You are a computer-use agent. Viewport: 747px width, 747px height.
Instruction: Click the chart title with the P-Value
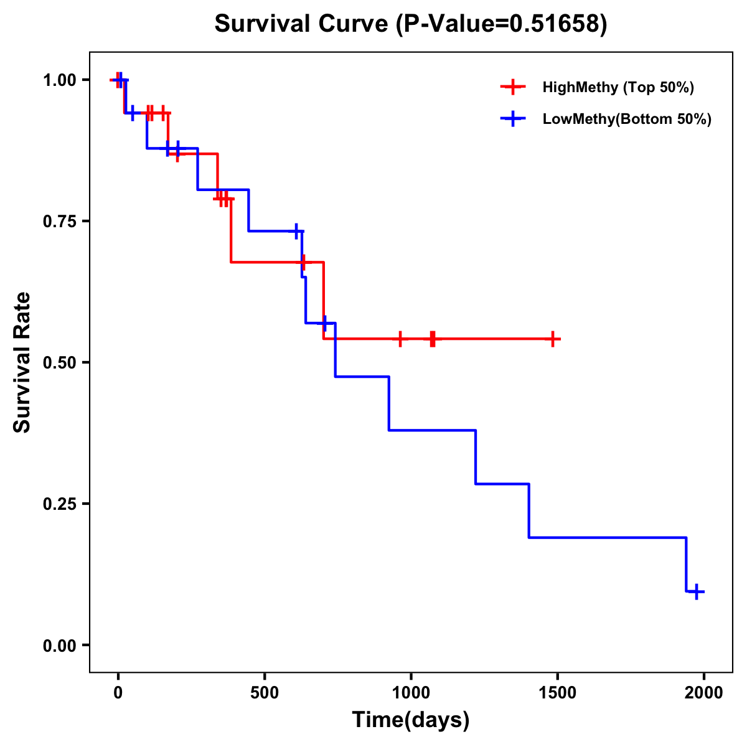coord(410,24)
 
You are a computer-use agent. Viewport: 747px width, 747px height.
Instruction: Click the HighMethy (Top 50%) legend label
coord(618,87)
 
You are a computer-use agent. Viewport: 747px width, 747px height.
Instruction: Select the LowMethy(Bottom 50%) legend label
coord(626,119)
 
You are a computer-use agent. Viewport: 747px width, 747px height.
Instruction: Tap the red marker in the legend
coord(512,87)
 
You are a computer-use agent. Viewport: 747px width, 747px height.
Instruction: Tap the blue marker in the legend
coord(512,118)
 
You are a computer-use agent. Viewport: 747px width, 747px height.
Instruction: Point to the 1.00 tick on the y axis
coord(59,80)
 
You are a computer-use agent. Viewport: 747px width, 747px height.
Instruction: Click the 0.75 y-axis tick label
coord(59,222)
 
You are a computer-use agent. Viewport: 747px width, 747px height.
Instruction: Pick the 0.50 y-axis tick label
coord(59,363)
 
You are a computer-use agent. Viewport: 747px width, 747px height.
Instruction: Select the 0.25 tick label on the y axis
coord(59,504)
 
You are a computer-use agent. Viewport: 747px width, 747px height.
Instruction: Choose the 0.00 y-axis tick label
coord(59,646)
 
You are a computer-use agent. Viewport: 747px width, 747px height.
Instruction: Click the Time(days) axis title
coord(411,720)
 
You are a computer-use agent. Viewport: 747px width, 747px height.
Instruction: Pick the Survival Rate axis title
coord(22,362)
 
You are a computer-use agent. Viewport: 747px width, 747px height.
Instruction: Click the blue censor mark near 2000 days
coord(697,591)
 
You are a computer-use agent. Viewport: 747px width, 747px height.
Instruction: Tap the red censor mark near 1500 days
coord(552,339)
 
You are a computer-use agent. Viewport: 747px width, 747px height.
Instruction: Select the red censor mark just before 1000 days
coord(400,339)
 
